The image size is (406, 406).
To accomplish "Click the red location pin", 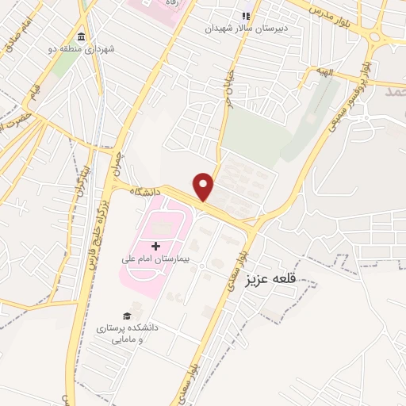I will pyautogui.click(x=204, y=186).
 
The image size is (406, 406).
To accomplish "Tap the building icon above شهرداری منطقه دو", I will pyautogui.click(x=82, y=37).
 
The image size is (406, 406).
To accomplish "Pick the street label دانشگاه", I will pyautogui.click(x=147, y=193).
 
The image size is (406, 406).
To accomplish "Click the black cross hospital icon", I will pyautogui.click(x=155, y=247).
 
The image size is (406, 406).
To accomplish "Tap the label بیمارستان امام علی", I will pyautogui.click(x=155, y=259).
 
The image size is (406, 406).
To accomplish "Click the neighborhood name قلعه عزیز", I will pyautogui.click(x=277, y=279).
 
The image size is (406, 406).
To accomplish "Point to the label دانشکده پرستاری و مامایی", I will pyautogui.click(x=128, y=332).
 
